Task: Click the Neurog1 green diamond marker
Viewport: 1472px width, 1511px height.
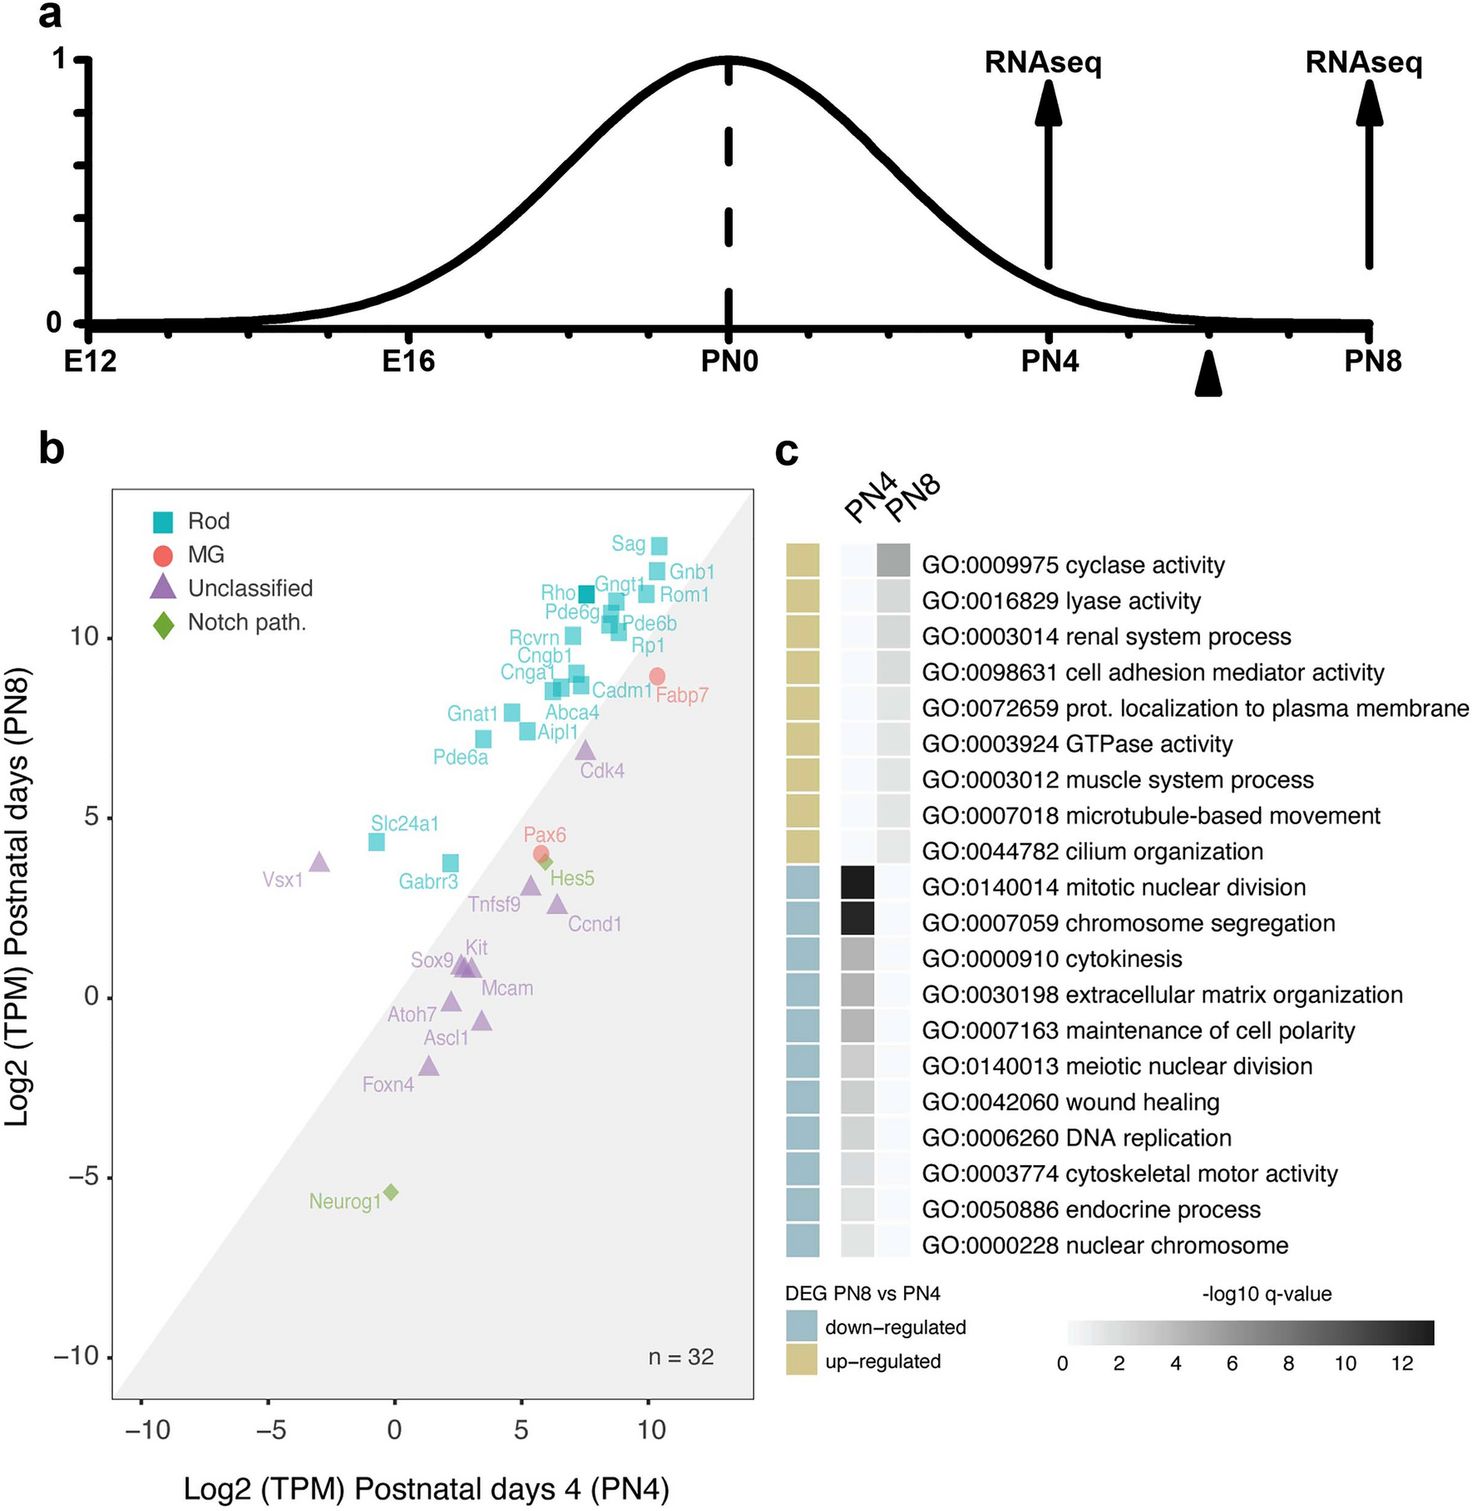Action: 390,1193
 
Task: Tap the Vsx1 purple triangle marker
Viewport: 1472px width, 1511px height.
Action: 319,862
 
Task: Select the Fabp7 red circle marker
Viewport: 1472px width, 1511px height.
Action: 657,676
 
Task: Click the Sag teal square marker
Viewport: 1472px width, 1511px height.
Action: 659,546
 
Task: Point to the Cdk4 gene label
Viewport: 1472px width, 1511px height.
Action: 602,771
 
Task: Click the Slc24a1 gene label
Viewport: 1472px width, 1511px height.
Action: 404,823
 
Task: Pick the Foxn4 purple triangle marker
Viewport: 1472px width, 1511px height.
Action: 428,1066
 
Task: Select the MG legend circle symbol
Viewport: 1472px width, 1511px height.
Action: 163,556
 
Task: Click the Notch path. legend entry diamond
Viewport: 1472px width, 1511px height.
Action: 164,623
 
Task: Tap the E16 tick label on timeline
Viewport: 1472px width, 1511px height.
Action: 408,362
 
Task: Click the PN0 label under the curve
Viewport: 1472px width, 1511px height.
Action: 729,362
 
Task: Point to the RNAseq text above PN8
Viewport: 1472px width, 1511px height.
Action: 1363,62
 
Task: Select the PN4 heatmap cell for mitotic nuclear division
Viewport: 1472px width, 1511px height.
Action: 857,882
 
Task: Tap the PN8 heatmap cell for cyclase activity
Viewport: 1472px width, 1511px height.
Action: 893,560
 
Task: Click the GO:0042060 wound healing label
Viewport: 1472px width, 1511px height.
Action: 1070,1102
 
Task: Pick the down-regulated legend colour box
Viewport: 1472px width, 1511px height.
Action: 802,1326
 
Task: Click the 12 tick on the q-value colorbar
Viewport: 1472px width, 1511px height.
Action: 1402,1364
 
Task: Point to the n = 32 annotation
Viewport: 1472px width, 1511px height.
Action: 681,1357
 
